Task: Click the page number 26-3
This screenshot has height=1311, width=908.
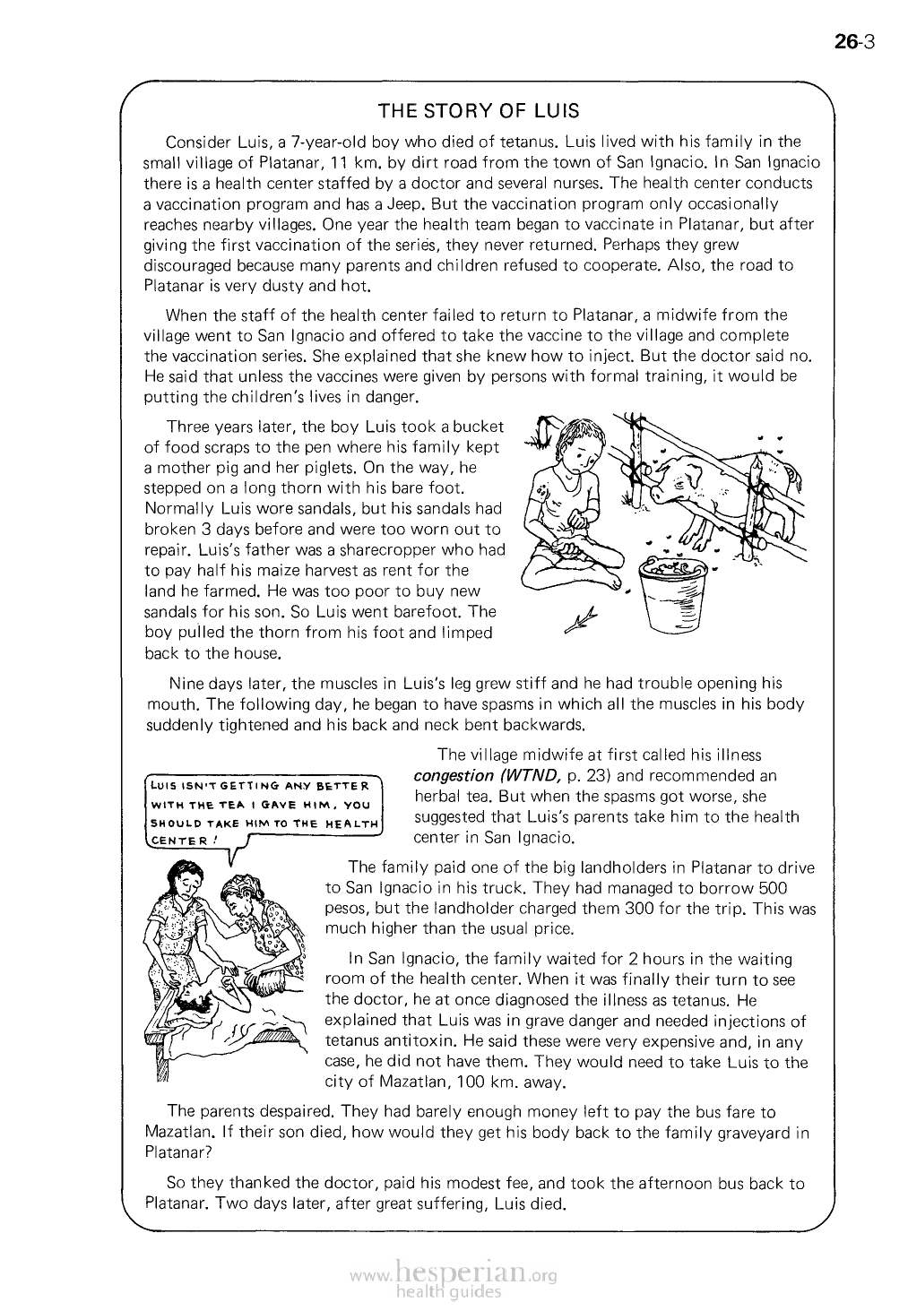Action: pos(852,41)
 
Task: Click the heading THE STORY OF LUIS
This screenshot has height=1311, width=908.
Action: pos(478,112)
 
